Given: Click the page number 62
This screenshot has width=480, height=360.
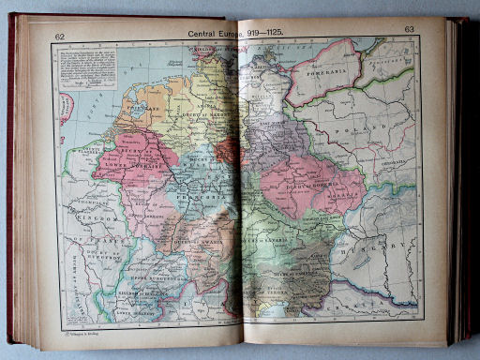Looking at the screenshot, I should click(x=60, y=37).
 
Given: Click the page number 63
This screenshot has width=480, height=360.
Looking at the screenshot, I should click(x=409, y=30).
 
